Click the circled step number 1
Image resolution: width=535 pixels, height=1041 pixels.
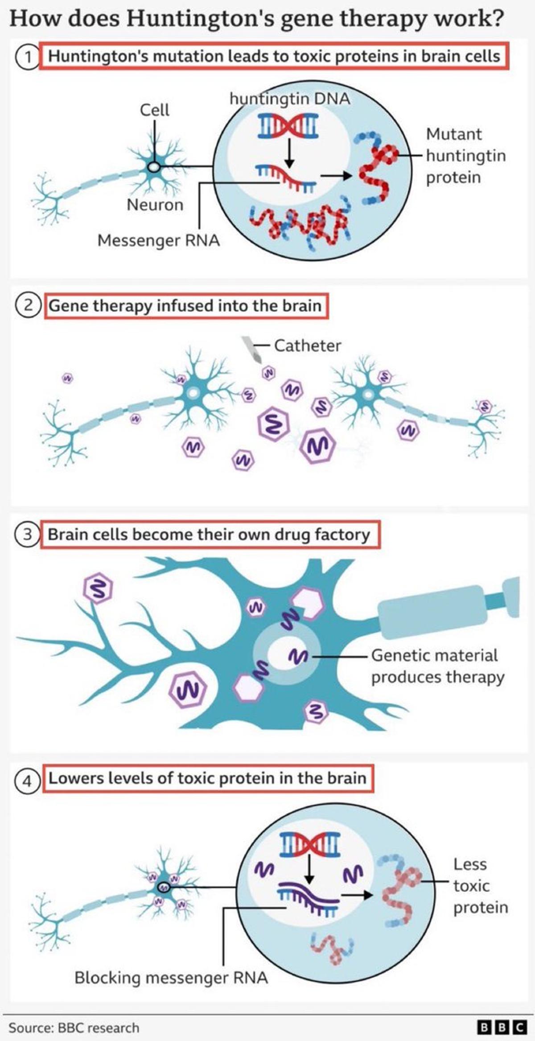[x=27, y=57]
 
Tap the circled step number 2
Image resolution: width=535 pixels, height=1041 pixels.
[x=28, y=306]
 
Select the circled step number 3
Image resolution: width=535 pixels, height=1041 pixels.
[x=27, y=534]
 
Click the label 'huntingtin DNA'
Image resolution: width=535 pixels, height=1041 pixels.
[x=290, y=99]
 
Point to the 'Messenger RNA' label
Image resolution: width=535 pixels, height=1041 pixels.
[x=158, y=240]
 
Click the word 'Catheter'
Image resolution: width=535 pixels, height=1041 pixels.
[x=308, y=346]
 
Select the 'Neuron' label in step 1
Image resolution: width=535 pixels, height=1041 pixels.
[x=155, y=205]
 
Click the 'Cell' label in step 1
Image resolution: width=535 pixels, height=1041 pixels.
[x=154, y=110]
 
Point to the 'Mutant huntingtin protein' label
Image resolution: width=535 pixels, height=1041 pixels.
[x=465, y=156]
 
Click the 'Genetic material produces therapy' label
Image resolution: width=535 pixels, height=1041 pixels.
[x=437, y=666]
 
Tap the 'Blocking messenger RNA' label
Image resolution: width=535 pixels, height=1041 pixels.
[x=171, y=978]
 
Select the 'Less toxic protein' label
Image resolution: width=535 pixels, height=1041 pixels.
[x=480, y=886]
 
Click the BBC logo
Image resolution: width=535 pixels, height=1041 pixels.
[x=502, y=1027]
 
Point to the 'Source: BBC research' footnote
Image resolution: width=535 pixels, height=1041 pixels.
[x=74, y=1028]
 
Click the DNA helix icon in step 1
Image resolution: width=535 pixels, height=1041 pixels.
[x=288, y=124]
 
